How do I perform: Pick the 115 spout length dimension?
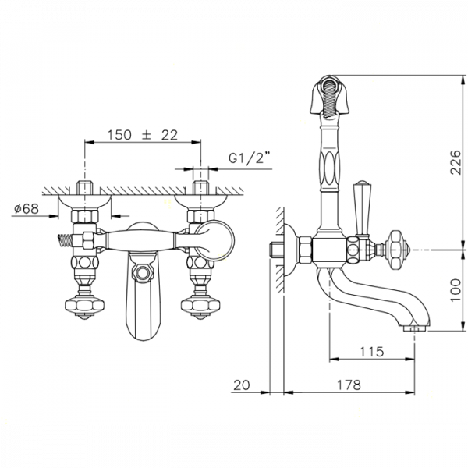373,352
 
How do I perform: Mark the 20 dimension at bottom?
241,384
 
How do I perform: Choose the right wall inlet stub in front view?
200,188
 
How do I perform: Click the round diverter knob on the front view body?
140,274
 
